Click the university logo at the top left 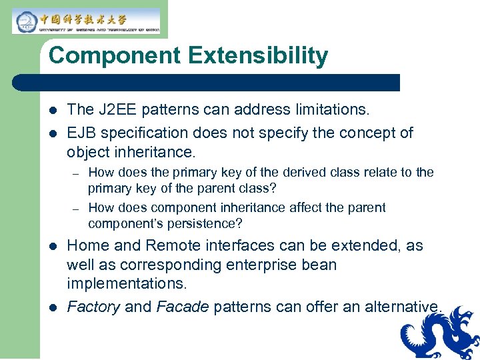click(85, 21)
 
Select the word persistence click(202, 223)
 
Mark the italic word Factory click(93, 307)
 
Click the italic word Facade click(183, 307)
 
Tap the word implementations click(127, 283)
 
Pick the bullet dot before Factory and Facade click(53, 307)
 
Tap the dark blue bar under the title click(207, 83)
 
